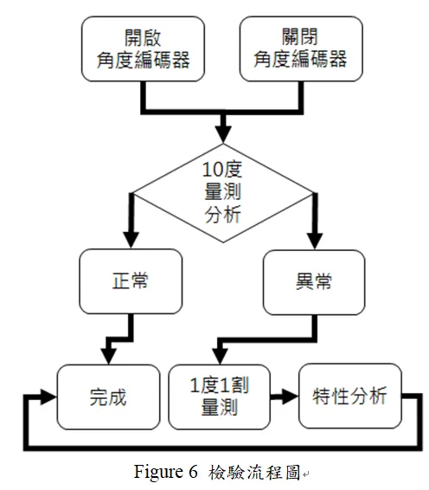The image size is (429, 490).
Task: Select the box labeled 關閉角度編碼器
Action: click(x=299, y=48)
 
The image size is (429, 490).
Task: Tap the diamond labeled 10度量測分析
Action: click(x=222, y=191)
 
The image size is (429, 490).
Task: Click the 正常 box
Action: click(x=131, y=281)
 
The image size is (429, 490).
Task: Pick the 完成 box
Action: click(x=108, y=397)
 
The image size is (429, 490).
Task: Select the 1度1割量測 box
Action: click(x=219, y=397)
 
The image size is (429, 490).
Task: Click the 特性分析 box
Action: click(x=349, y=397)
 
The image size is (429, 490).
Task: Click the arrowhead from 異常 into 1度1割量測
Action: click(x=220, y=354)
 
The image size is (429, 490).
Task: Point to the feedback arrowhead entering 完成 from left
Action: click(x=48, y=397)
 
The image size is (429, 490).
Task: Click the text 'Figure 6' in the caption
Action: click(x=169, y=473)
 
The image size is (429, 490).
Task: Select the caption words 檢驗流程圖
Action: click(x=256, y=473)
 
